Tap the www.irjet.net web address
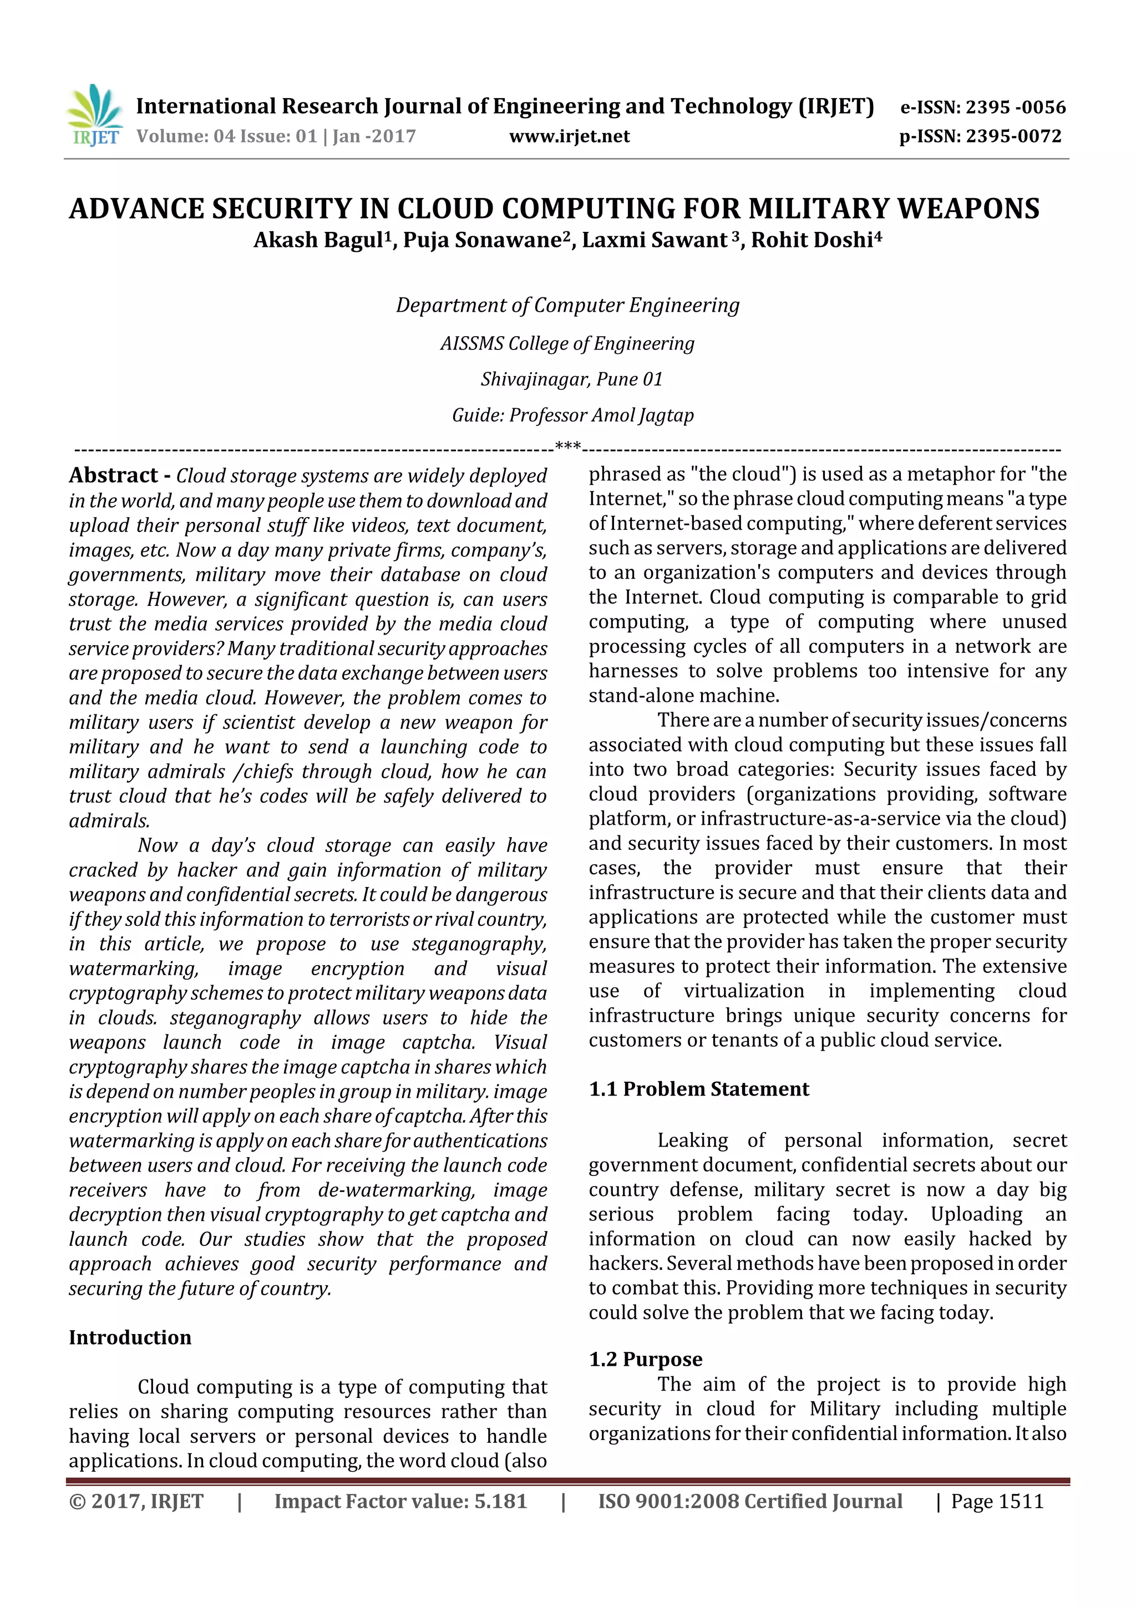tap(569, 136)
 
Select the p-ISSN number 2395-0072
tap(1013, 136)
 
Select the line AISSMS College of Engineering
tap(567, 344)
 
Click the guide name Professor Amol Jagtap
tap(601, 415)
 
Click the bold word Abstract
tap(113, 475)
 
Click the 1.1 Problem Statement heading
tap(698, 1089)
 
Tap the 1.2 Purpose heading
tap(645, 1359)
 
